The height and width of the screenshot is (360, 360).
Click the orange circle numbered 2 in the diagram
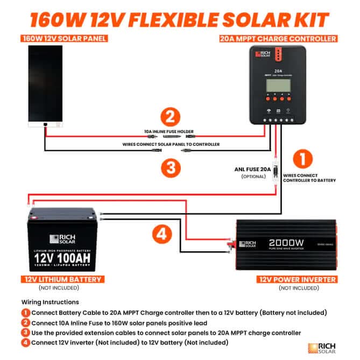click(x=171, y=117)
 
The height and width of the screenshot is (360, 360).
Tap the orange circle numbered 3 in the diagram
click(x=171, y=167)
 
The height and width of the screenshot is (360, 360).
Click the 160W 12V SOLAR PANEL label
click(x=63, y=39)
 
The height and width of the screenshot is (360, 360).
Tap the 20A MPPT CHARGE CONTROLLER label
click(x=279, y=39)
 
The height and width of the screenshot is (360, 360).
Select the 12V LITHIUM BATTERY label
click(x=63, y=279)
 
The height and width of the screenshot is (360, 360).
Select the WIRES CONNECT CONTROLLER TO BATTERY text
click(x=309, y=177)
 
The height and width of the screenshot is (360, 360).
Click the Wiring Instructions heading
click(x=50, y=302)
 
